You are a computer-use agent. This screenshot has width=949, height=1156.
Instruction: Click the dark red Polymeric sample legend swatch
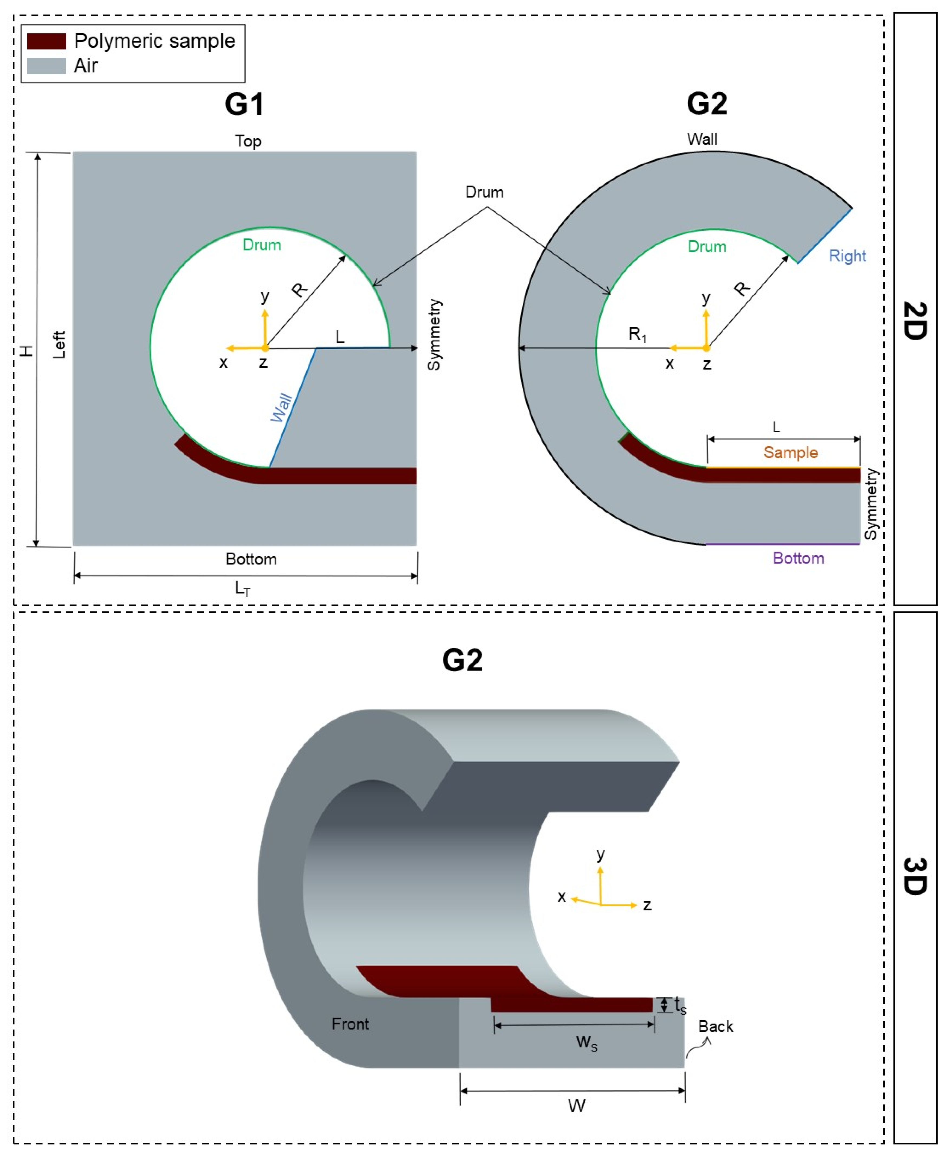coord(47,41)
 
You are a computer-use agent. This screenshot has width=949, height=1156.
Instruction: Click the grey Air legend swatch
coord(47,66)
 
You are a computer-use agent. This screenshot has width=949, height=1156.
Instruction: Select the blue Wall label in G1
coord(281,407)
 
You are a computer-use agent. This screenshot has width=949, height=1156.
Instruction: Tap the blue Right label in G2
coord(847,256)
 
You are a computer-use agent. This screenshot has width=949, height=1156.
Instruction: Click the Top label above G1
coord(248,141)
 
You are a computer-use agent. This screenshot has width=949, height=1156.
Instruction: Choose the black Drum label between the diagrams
coord(484,192)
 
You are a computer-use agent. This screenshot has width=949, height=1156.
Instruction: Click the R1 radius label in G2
coord(637,334)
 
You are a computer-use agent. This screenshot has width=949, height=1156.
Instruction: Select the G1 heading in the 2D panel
coord(244,104)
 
